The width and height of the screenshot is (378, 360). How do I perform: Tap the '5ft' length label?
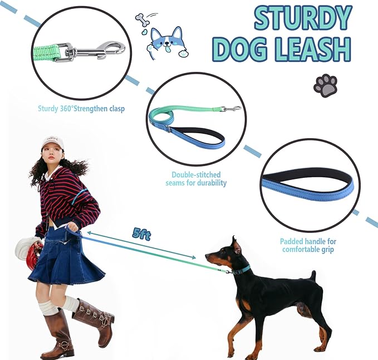coord(142,234)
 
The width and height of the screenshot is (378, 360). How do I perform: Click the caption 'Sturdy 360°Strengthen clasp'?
coord(81,109)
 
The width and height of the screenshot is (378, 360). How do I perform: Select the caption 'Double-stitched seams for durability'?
coord(196,178)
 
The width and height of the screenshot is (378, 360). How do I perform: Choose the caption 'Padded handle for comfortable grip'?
coord(308,245)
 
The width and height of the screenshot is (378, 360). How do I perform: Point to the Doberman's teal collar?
coord(242,270)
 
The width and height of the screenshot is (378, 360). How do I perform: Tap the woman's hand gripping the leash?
coord(72,227)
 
